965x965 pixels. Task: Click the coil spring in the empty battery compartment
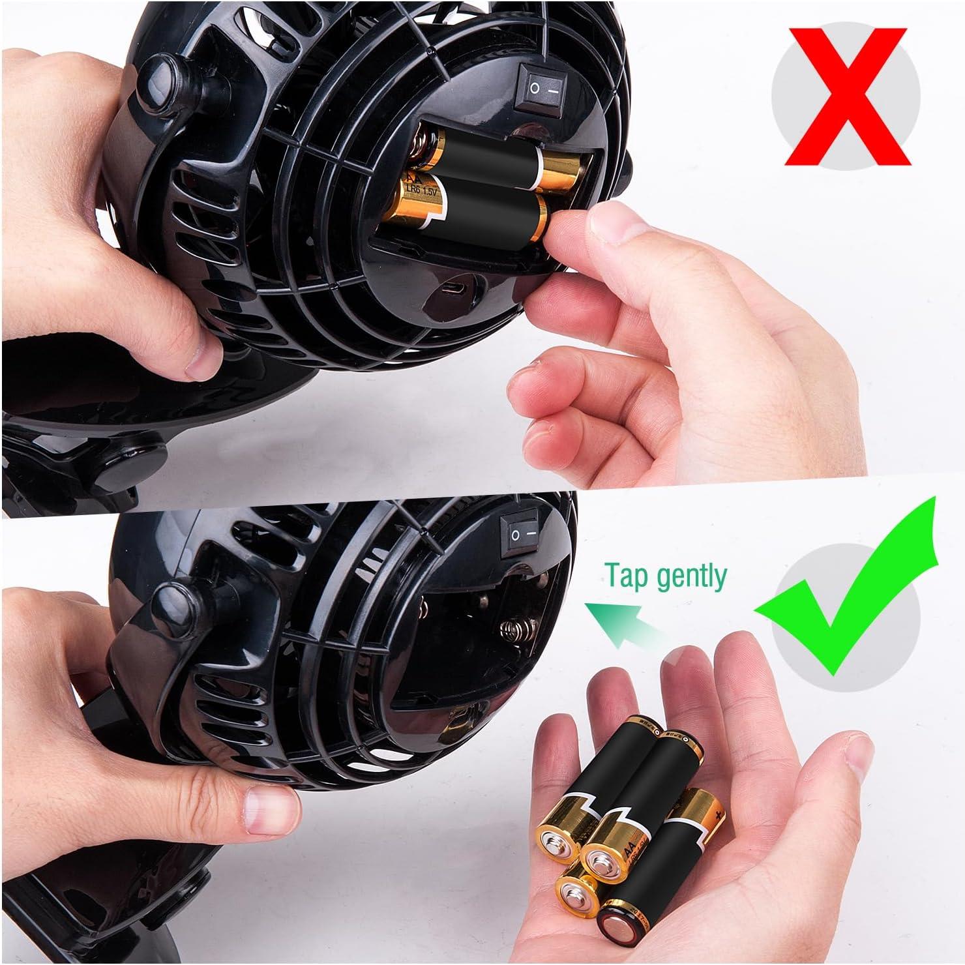pos(515,631)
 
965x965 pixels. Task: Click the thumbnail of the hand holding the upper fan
pos(198,362)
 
